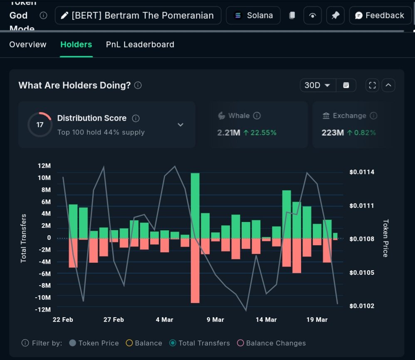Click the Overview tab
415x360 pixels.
[28, 44]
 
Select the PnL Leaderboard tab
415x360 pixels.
[140, 44]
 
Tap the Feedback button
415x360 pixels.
[380, 15]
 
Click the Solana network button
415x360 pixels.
[253, 15]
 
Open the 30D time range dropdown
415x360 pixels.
[317, 85]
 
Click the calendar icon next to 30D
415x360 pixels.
[346, 85]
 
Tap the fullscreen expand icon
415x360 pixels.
[372, 85]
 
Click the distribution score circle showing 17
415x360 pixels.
[40, 124]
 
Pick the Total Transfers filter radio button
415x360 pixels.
[173, 343]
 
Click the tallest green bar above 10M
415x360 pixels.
[195, 205]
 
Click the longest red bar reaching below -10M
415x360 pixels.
[195, 270]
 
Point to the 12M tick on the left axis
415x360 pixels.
[44, 166]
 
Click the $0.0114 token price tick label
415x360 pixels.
[361, 172]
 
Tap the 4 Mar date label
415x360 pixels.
[164, 320]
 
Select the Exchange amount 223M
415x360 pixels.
[333, 133]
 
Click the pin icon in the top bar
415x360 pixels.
[335, 15]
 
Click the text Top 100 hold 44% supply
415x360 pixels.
[101, 133]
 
